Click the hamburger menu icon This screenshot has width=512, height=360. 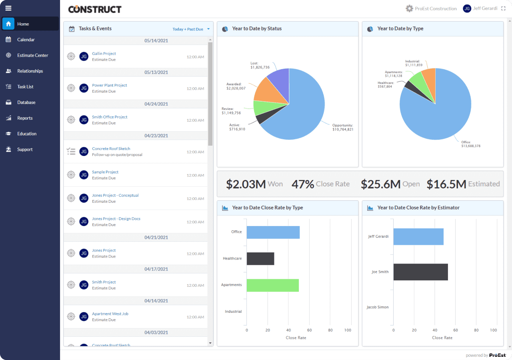(8, 8)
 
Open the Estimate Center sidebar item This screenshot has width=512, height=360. (32, 55)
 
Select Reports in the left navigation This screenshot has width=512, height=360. (25, 118)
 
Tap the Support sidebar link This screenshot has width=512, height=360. (25, 149)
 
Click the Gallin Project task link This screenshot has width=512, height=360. (104, 54)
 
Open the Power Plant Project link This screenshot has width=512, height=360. (110, 85)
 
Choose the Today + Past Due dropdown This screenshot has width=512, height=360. (191, 29)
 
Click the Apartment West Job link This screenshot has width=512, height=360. (110, 314)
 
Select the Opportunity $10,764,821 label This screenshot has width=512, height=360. (342, 127)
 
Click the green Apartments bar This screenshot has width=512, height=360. (272, 285)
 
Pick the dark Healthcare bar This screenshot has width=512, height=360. (260, 259)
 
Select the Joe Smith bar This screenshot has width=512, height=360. (420, 272)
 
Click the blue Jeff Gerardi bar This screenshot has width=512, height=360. (418, 237)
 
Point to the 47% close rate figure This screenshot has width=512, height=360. (303, 184)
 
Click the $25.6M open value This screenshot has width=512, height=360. (380, 184)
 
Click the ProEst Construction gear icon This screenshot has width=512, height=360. (409, 8)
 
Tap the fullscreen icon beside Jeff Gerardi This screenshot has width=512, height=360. (503, 8)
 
